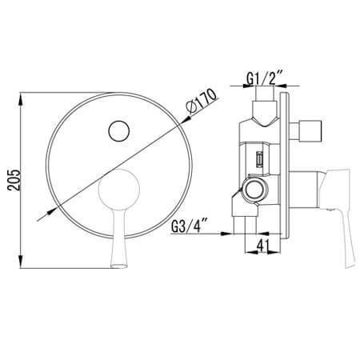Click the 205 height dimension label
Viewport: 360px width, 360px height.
point(14,180)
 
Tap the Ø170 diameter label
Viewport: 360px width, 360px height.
point(202,102)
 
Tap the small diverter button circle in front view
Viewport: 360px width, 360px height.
point(119,131)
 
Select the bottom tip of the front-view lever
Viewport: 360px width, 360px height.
point(119,266)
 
